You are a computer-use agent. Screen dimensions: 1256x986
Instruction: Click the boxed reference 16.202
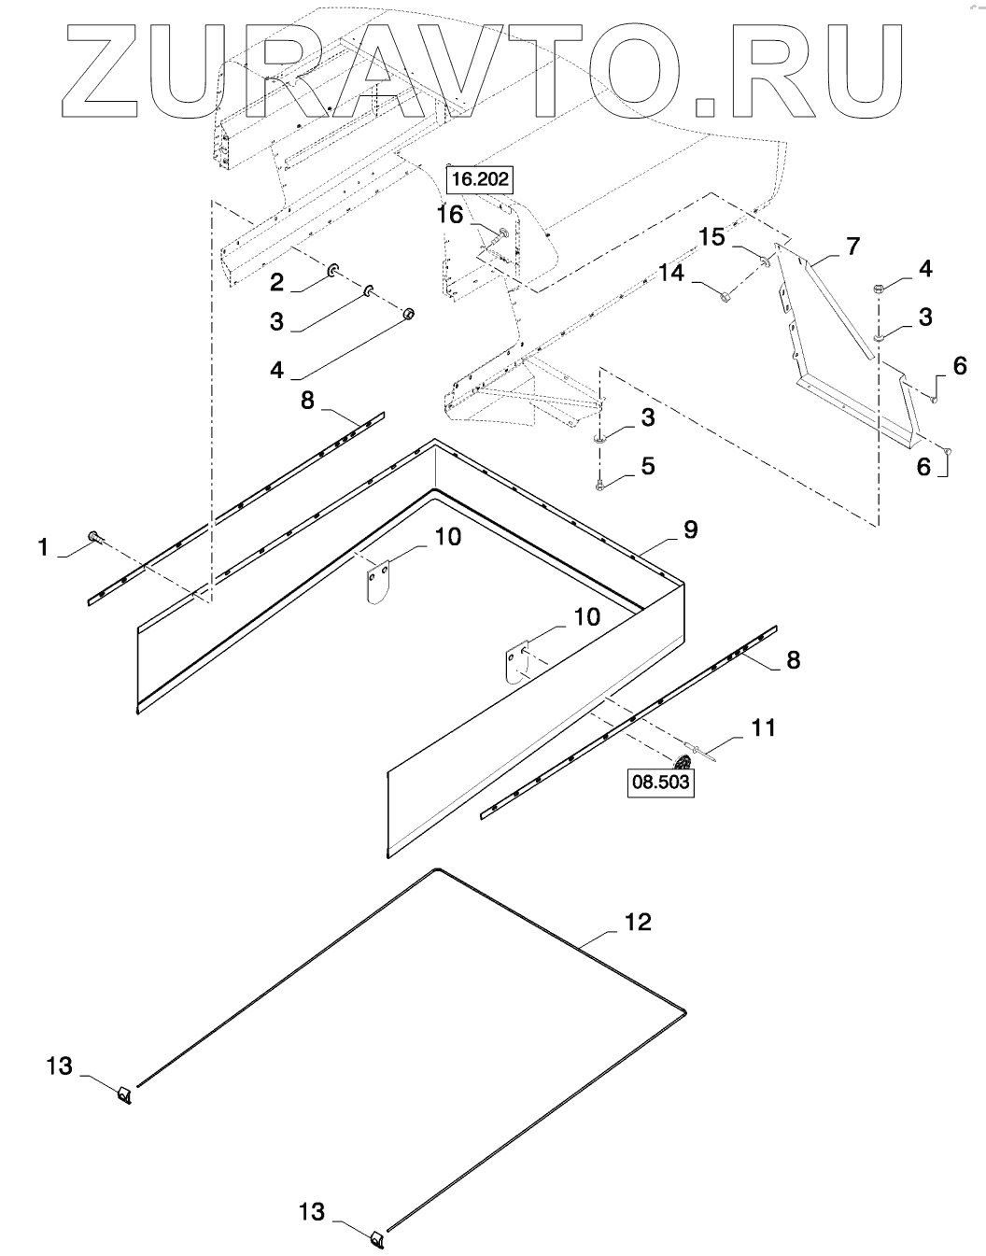click(481, 178)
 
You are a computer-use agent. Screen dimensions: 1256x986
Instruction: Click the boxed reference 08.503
click(661, 783)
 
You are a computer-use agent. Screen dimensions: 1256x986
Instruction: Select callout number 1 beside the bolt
click(43, 547)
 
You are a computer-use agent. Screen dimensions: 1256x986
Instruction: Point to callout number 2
click(276, 280)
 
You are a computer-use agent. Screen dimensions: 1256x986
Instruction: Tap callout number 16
click(450, 215)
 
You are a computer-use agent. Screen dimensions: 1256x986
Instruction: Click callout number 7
click(852, 246)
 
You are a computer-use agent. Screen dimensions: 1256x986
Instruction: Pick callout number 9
click(690, 529)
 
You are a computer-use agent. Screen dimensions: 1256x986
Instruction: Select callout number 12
click(638, 922)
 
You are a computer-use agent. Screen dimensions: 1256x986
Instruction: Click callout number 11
click(764, 727)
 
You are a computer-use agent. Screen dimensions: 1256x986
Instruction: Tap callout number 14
click(670, 273)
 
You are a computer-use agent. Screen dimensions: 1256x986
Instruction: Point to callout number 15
click(711, 237)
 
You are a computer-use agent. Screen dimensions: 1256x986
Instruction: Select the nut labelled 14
click(725, 296)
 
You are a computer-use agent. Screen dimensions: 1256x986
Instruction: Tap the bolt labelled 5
click(599, 485)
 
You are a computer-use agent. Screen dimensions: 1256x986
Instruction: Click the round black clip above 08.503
click(683, 761)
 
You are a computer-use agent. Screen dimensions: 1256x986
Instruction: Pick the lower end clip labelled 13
click(376, 1239)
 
